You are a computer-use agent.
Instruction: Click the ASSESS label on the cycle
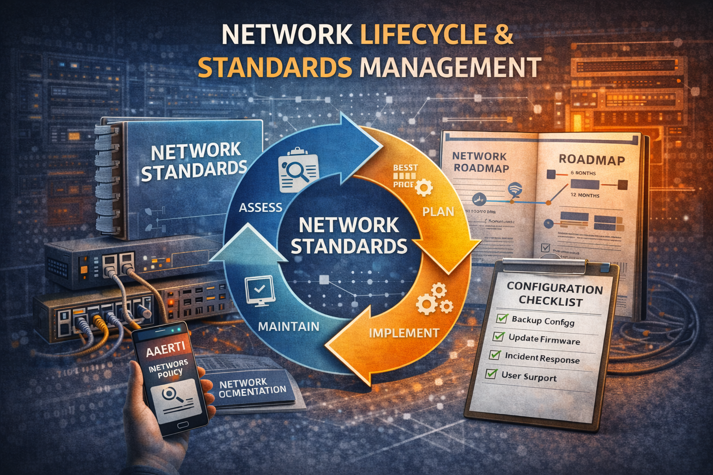(x=260, y=207)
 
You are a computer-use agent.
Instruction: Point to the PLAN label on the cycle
(x=438, y=212)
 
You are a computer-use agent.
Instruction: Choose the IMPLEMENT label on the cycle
(x=404, y=333)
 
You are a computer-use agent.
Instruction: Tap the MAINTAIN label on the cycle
(x=288, y=326)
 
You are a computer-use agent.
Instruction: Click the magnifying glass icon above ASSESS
(x=297, y=170)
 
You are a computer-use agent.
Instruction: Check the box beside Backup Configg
(x=502, y=318)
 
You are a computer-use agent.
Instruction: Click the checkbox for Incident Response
(x=495, y=355)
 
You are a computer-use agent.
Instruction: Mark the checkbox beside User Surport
(x=491, y=373)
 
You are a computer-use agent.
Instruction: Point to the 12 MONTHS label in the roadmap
(x=584, y=195)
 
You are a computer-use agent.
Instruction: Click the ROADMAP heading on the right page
(x=591, y=160)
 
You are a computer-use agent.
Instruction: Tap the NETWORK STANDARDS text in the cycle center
(x=349, y=236)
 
